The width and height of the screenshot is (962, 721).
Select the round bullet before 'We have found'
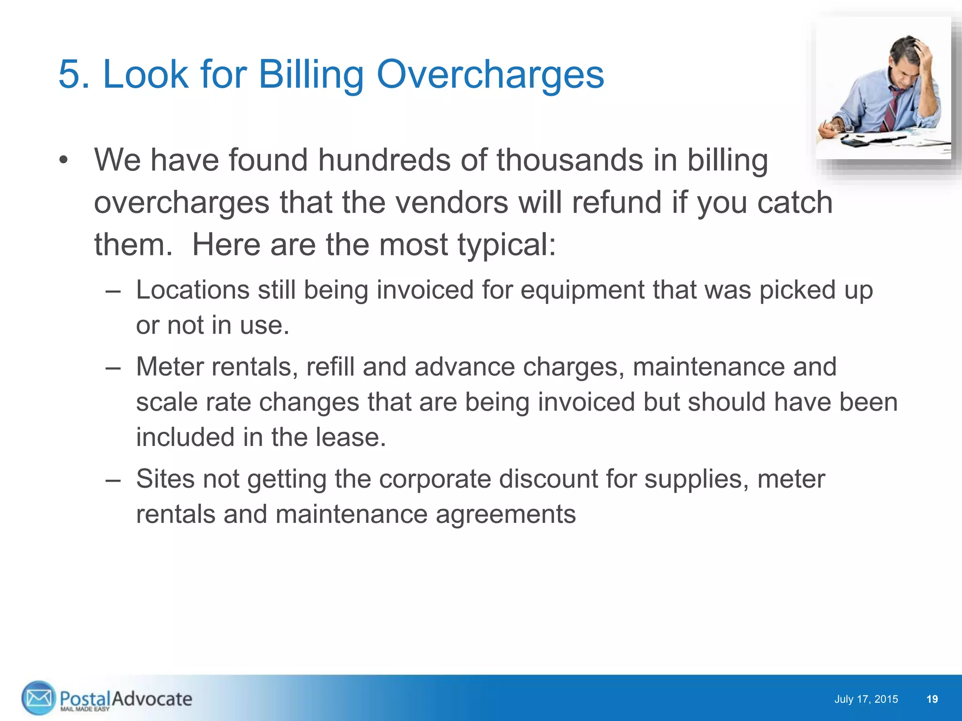click(64, 161)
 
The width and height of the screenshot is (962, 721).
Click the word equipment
click(582, 290)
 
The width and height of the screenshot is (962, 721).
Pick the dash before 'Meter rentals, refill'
click(113, 368)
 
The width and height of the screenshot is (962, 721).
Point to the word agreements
click(505, 515)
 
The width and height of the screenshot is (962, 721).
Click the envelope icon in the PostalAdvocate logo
click(38, 698)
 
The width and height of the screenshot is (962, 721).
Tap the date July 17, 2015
click(866, 699)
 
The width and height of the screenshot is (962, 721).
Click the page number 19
click(932, 699)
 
